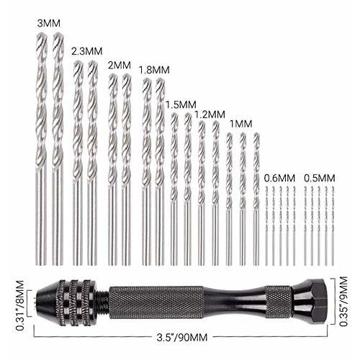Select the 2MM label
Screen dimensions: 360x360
click(x=119, y=65)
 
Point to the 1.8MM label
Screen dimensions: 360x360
click(x=153, y=70)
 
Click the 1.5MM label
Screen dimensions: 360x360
click(x=179, y=103)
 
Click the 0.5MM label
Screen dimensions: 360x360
click(x=319, y=177)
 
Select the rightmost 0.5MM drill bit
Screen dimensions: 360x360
click(x=333, y=223)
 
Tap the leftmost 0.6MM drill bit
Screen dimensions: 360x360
click(x=267, y=223)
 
